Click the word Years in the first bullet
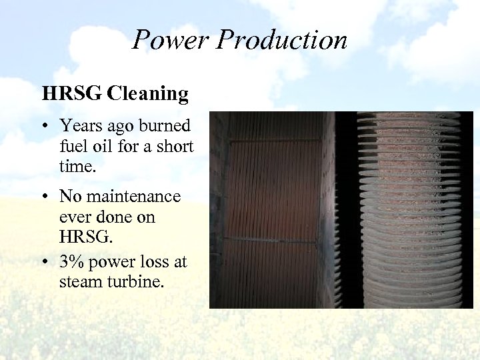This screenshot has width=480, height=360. (x=81, y=125)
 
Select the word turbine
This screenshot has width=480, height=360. (x=129, y=282)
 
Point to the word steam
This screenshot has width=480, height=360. (x=77, y=282)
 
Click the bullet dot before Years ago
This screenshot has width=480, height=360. (x=48, y=126)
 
